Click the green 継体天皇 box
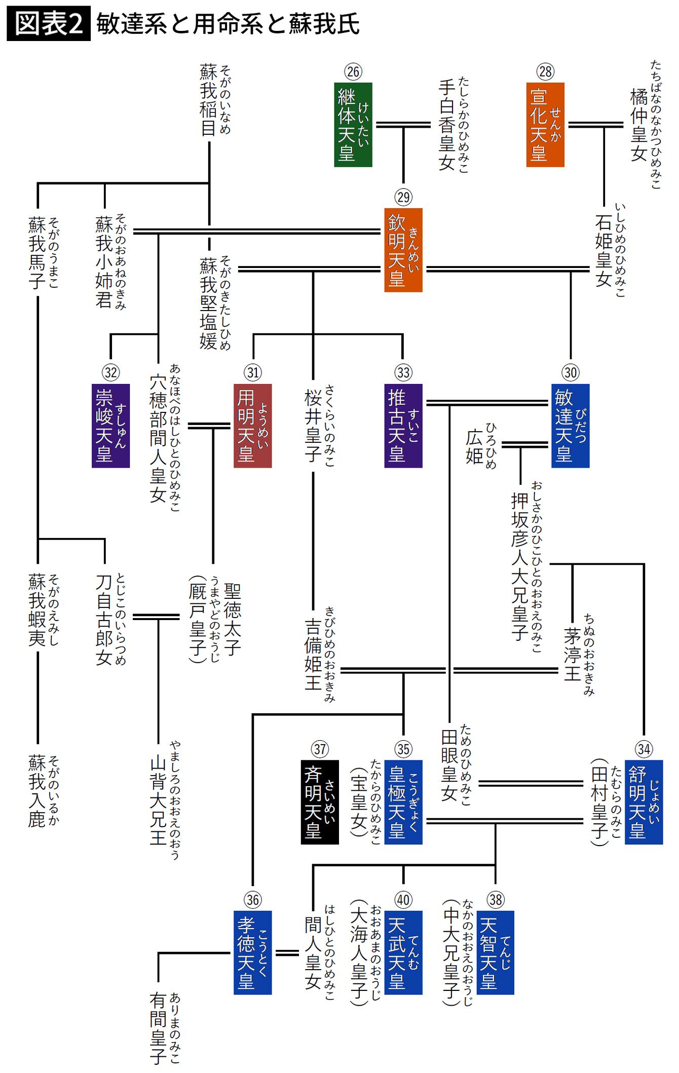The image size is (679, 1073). click(353, 125)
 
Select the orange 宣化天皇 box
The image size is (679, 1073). click(545, 125)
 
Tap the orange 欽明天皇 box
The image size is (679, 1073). click(403, 250)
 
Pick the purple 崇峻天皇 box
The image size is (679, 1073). click(110, 426)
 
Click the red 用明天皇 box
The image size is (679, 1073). click(252, 426)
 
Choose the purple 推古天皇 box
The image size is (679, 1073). click(403, 426)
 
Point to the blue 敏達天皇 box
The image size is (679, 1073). click(570, 426)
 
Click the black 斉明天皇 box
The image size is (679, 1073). click(320, 802)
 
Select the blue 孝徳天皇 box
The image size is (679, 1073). click(252, 952)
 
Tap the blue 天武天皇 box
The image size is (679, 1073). click(403, 952)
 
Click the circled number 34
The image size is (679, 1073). click(644, 749)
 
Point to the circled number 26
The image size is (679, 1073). click(353, 71)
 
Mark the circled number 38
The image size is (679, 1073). click(495, 900)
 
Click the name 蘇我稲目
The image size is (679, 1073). click(208, 100)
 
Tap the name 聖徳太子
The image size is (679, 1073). click(232, 619)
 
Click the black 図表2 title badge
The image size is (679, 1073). click(49, 23)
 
